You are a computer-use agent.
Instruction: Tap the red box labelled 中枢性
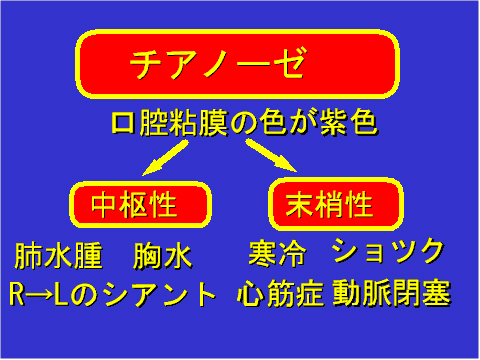pos(139,204)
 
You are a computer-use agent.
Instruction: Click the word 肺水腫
pos(59,256)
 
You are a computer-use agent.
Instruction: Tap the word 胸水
pos(162,256)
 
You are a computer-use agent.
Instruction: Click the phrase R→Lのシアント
pos(112,293)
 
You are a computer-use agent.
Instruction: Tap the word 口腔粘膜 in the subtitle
pos(169,125)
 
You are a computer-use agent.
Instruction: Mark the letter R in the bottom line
pos(18,294)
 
